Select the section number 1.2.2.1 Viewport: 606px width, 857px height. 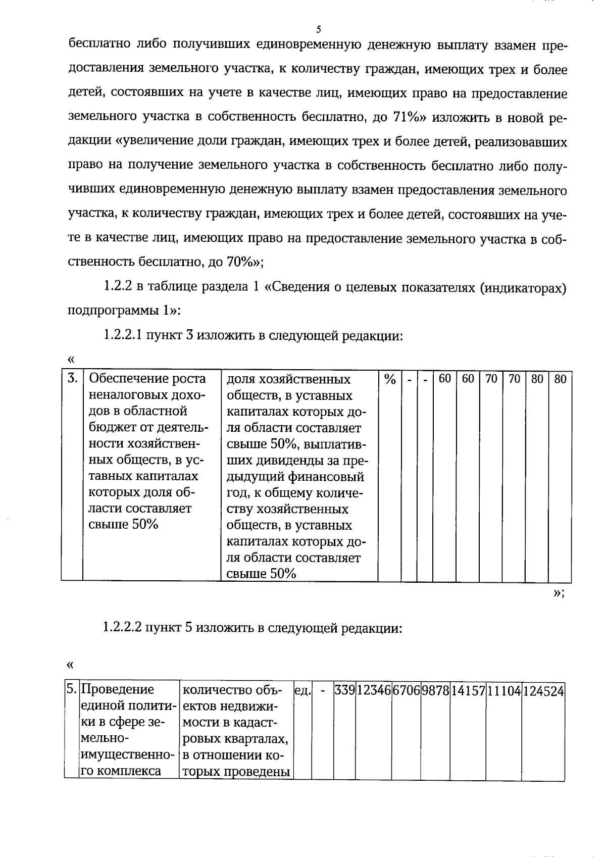123,335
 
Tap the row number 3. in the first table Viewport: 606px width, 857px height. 73,378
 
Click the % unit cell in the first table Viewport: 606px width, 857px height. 390,379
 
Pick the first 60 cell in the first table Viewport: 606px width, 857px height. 444,378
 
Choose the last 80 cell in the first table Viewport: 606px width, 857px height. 561,379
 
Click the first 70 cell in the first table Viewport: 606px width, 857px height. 491,378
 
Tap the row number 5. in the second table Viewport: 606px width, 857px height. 72,689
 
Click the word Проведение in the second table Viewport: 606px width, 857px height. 117,689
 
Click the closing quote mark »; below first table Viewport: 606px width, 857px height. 558,593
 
